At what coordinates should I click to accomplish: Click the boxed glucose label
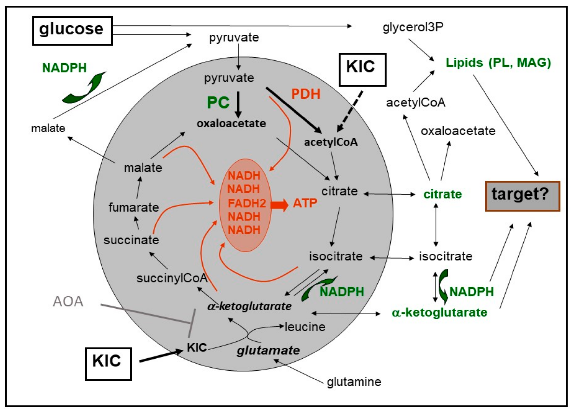click(72, 31)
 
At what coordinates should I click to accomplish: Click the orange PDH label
click(306, 94)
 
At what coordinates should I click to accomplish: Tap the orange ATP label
click(305, 203)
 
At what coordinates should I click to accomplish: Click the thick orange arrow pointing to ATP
click(279, 205)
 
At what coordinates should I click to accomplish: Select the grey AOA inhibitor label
click(68, 301)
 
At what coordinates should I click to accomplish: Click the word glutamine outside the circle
click(354, 382)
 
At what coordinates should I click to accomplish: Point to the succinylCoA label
click(172, 278)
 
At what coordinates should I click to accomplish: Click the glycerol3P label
click(413, 27)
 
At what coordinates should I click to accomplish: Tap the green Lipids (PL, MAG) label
click(498, 62)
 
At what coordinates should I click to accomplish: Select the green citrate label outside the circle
click(442, 194)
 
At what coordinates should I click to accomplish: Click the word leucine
click(305, 327)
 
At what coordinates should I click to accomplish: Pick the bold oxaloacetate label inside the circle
click(231, 123)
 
